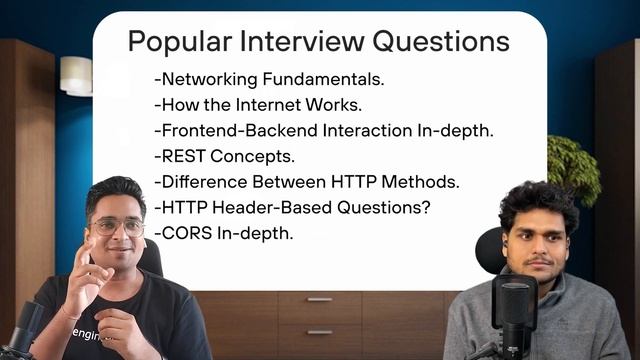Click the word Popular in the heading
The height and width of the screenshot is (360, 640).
tap(173, 43)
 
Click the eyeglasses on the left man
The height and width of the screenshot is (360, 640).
tap(117, 226)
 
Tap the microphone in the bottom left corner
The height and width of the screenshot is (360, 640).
tap(22, 330)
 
